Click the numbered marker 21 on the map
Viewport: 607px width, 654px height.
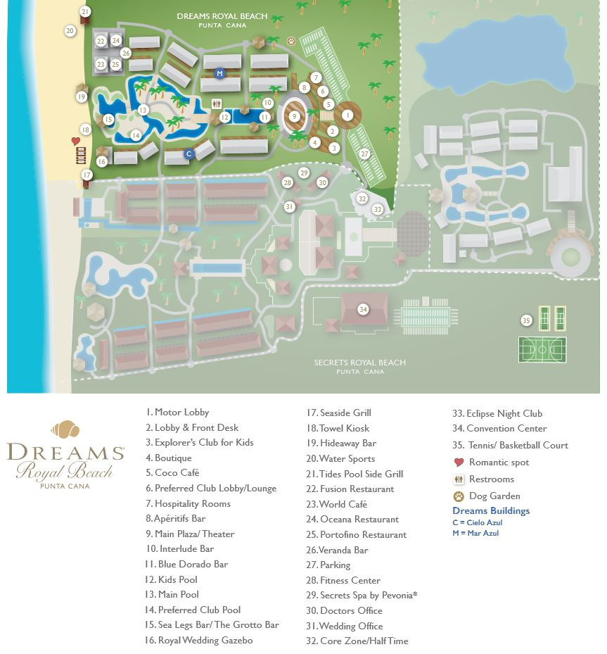point(85,11)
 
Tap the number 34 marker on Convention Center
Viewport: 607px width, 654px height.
point(363,309)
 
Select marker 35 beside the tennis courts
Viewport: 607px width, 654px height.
point(526,320)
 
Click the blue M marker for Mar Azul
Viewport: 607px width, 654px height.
point(219,73)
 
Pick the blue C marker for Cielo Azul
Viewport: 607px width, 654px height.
point(189,153)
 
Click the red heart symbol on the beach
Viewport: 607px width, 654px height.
point(76,141)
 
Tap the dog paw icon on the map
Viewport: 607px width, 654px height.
point(290,42)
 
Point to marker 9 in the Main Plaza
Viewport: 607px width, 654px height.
point(294,117)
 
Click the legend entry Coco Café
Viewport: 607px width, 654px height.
point(172,473)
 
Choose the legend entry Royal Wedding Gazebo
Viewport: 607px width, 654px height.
point(199,641)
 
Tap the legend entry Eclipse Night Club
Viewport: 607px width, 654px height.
point(497,413)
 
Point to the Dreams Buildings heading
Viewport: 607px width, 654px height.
point(491,511)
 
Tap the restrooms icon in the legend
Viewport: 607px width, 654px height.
point(459,479)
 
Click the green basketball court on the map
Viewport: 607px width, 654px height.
point(542,350)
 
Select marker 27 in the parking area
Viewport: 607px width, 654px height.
point(364,153)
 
